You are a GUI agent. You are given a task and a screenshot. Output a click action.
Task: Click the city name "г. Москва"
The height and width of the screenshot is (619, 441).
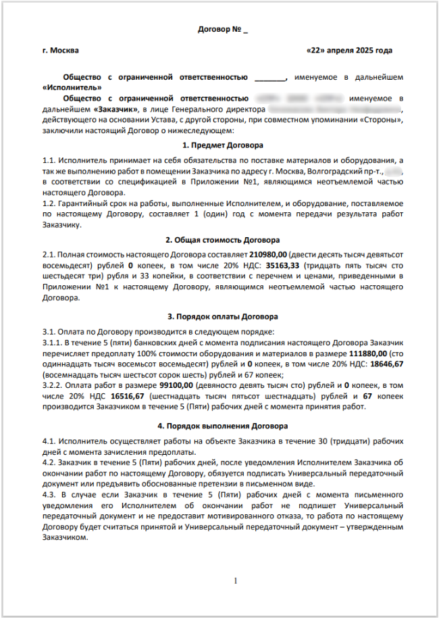(x=60, y=51)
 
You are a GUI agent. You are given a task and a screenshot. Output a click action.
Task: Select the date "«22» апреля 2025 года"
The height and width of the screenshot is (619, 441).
(x=349, y=51)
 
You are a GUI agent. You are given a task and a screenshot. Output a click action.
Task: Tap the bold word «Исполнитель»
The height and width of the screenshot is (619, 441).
(x=72, y=87)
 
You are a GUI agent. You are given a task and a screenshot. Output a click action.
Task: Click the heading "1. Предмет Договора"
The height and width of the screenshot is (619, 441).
(x=223, y=145)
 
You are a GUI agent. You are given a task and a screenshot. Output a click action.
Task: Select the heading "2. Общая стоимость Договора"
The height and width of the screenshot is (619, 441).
(x=223, y=240)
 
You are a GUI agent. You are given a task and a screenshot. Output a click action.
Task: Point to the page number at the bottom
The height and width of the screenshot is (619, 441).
(x=236, y=580)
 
